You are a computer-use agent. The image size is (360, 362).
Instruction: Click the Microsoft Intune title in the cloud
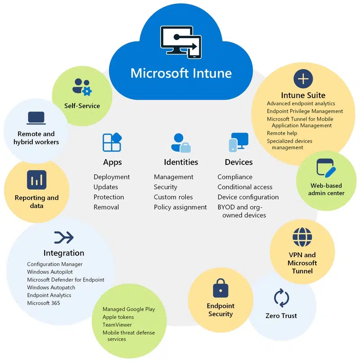(x=181, y=73)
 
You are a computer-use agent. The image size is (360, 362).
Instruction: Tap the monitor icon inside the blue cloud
(x=181, y=43)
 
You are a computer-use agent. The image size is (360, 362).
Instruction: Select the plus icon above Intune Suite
(x=303, y=79)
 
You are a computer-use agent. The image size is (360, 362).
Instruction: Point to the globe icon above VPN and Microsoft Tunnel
(x=302, y=237)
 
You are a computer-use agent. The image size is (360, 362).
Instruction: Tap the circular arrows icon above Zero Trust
(x=281, y=298)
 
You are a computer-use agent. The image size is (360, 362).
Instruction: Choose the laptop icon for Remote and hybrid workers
(x=36, y=118)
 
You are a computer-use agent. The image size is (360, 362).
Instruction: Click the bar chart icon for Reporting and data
(x=36, y=180)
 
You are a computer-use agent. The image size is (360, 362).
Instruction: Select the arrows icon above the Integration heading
(x=63, y=237)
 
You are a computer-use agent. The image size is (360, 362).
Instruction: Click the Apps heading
(x=112, y=162)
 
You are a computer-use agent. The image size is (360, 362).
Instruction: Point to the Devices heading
(x=238, y=162)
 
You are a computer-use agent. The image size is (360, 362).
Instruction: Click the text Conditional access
(x=245, y=187)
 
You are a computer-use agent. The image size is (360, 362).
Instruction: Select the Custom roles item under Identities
(x=173, y=197)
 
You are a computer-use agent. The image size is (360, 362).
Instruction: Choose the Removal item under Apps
(x=106, y=207)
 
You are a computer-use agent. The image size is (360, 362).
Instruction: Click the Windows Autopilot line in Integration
(x=50, y=272)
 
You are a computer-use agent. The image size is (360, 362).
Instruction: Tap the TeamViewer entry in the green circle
(x=117, y=325)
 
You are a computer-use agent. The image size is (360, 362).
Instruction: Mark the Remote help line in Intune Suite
(x=282, y=133)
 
